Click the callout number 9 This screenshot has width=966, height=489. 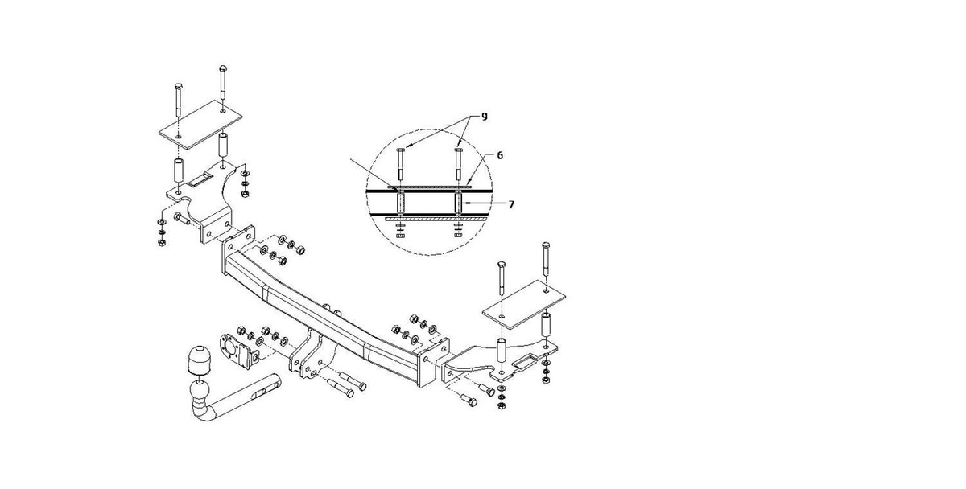point(485,117)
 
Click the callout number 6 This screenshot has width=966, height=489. point(500,154)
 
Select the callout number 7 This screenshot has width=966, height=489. point(512,204)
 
